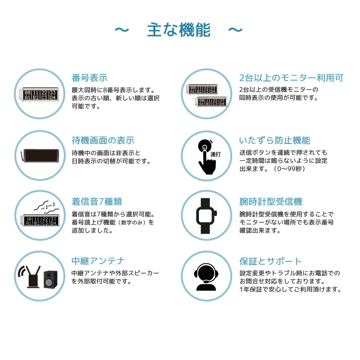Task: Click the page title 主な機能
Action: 179,30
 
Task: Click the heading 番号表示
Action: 90,78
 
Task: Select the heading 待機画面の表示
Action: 103,140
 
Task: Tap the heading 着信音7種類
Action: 97,201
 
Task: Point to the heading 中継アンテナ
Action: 98,261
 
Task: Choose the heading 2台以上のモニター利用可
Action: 291,78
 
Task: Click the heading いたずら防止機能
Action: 274,140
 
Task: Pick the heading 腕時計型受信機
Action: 270,201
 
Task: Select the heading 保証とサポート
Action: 270,261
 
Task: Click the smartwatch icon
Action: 206,216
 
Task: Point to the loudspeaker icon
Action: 50,279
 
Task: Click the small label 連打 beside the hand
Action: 216,154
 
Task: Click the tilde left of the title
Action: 121,30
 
